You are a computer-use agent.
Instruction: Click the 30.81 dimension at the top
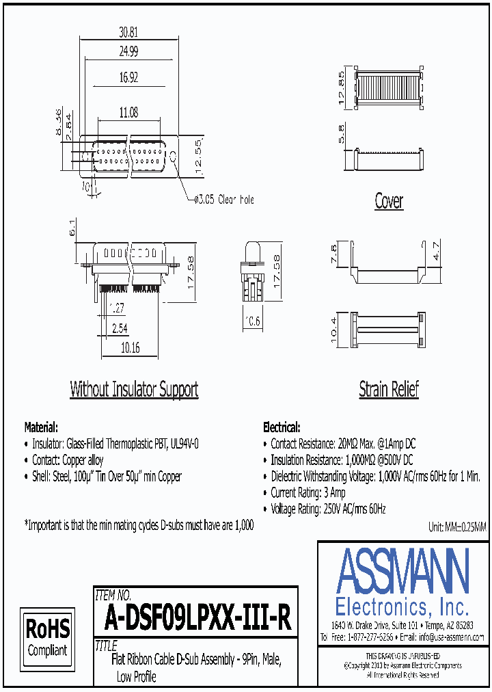pos(128,31)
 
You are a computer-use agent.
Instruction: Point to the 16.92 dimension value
pos(128,78)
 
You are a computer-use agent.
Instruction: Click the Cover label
pos(389,201)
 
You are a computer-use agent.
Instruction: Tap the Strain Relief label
pos(389,390)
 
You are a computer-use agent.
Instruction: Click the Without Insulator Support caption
pos(134,390)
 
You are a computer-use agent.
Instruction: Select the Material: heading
pos(41,427)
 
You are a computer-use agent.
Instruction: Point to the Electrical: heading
pos(281,427)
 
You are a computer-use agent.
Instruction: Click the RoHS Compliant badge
pos(47,637)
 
